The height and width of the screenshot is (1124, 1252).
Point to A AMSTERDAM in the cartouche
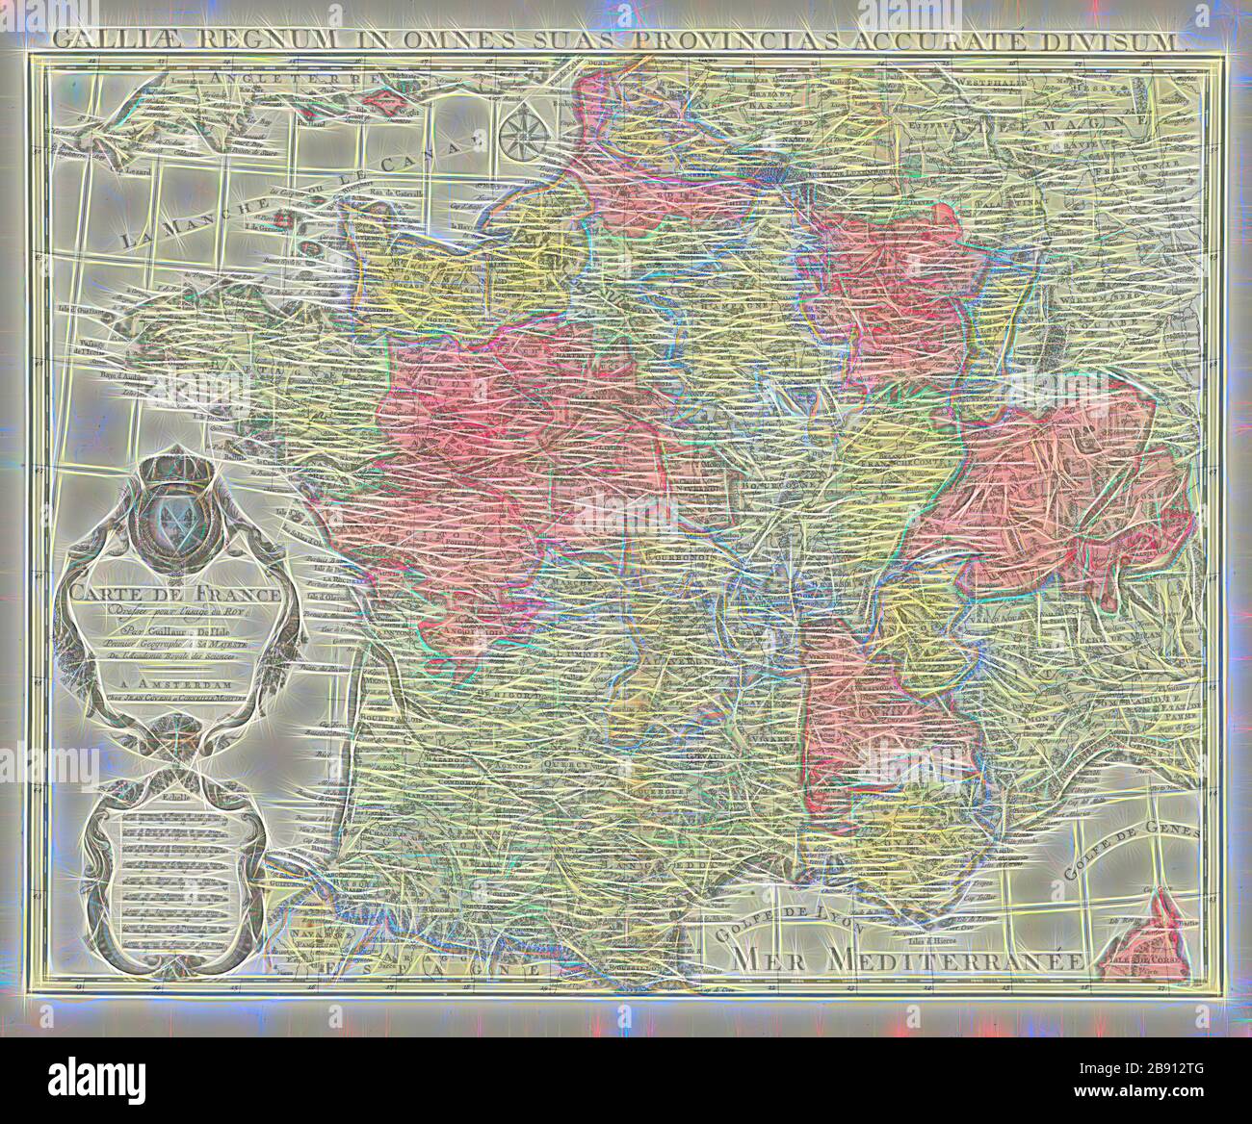(x=173, y=687)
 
